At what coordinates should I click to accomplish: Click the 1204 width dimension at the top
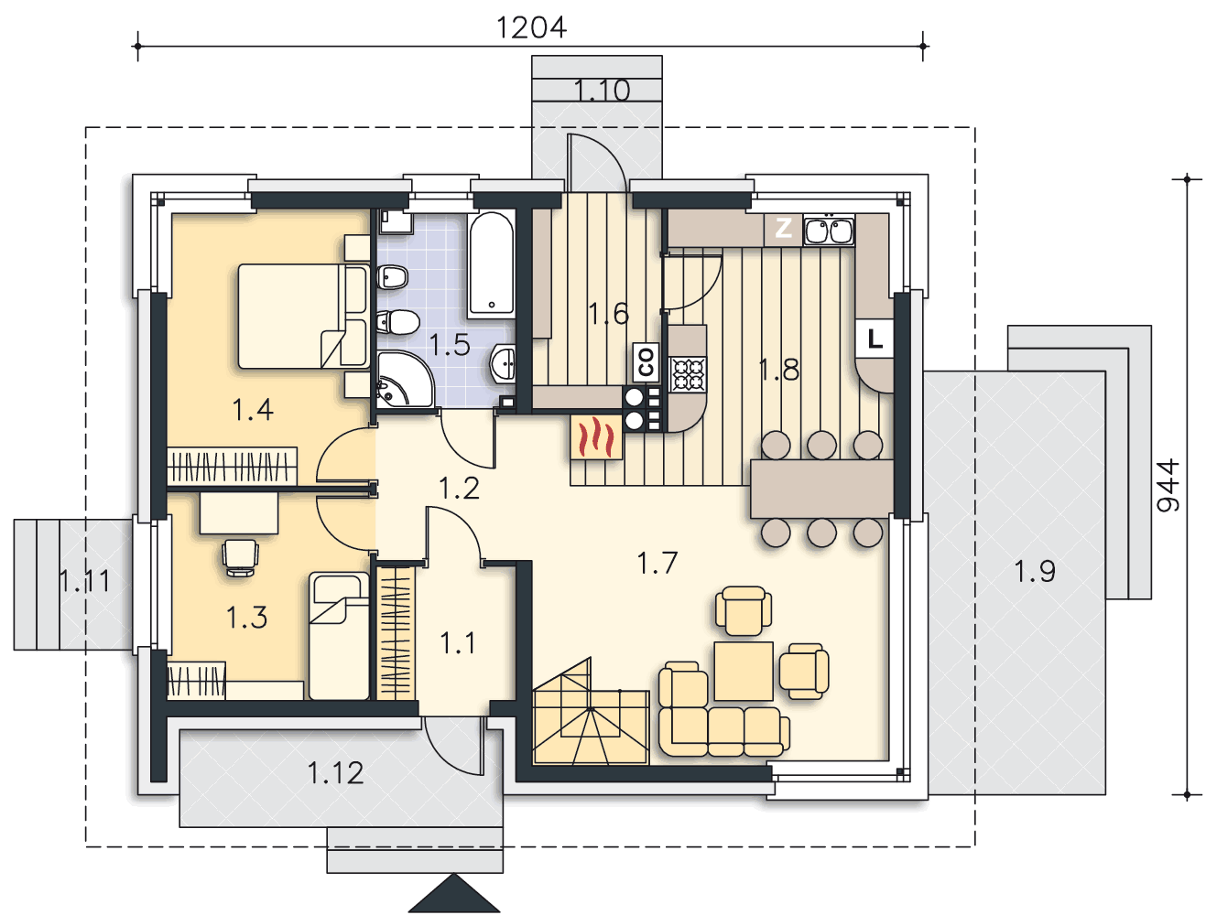(531, 27)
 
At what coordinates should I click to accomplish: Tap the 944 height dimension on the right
(1168, 486)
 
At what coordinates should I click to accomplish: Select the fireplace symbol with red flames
(596, 437)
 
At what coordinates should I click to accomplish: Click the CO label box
(646, 361)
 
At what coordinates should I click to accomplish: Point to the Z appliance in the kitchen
(782, 229)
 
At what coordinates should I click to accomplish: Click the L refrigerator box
(875, 339)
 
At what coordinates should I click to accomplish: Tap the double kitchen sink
(829, 230)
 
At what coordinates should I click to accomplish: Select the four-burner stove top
(688, 374)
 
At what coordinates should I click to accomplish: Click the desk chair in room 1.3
(240, 557)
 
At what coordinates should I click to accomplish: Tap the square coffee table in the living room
(744, 671)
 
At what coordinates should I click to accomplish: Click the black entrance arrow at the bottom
(454, 893)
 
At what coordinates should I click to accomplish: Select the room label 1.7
(657, 563)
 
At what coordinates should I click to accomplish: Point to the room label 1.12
(335, 773)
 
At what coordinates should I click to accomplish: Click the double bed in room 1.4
(303, 316)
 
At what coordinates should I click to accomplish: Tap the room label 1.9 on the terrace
(1034, 571)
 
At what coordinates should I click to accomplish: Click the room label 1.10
(602, 90)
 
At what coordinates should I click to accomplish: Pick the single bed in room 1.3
(339, 636)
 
